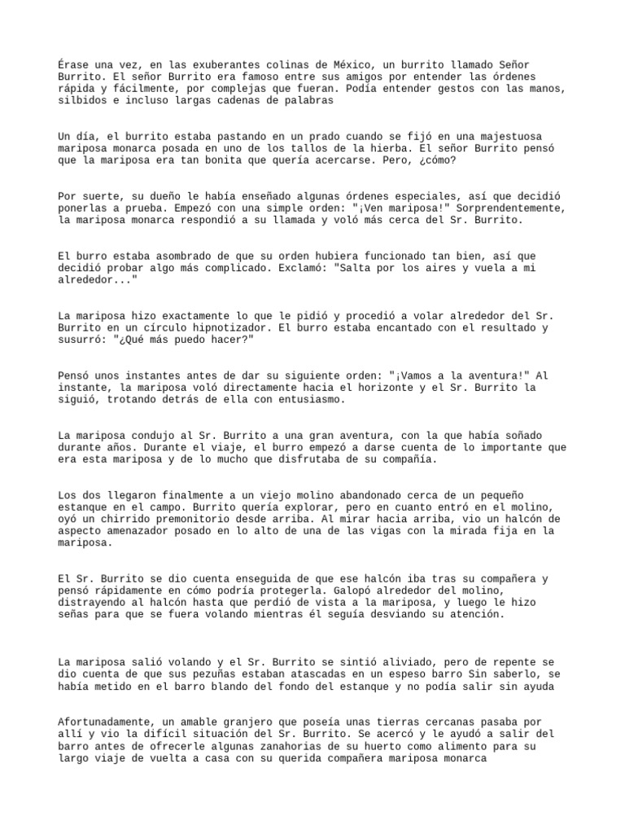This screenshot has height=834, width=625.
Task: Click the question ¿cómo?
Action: tap(438, 160)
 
